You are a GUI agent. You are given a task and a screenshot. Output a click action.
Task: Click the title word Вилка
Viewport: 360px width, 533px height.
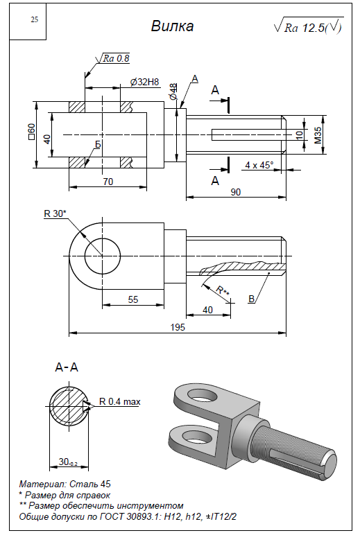(172, 26)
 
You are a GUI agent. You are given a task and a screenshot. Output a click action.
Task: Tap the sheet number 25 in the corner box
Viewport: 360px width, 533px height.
(35, 19)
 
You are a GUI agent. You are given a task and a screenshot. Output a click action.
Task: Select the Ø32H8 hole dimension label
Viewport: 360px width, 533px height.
(144, 82)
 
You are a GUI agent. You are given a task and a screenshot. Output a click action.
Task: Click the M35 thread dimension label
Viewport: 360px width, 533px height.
(318, 135)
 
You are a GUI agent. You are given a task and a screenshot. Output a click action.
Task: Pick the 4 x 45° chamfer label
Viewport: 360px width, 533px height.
(259, 165)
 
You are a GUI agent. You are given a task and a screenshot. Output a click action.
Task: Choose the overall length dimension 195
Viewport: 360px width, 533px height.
(178, 327)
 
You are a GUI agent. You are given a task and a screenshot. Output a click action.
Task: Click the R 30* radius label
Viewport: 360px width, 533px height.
(55, 213)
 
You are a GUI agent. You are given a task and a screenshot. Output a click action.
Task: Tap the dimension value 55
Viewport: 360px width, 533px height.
(133, 299)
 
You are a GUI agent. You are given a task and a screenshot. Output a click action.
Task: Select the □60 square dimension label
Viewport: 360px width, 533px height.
(32, 132)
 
